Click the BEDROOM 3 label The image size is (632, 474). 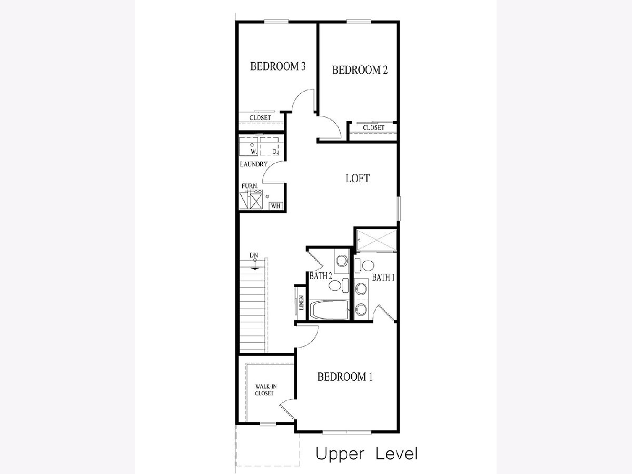pos(278,66)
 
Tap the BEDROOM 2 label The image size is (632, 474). pos(360,70)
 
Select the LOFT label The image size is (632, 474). pos(358,178)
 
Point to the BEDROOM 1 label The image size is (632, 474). pos(345,377)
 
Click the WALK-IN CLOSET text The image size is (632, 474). pos(265,390)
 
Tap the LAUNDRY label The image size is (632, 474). pos(254,164)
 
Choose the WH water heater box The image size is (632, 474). pos(276,206)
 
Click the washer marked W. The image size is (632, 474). pos(249,147)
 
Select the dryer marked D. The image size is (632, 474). pos(270,147)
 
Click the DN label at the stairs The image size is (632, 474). pos(254,255)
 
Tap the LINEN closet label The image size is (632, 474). pos(301,302)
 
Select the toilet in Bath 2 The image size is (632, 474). pos(338,285)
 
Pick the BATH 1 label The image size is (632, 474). pos(383,278)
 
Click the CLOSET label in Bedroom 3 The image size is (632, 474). pos(260,117)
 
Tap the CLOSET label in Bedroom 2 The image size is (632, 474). pos(373,127)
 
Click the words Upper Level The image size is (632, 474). pos(367,454)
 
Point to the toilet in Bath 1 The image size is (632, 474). pos(364,265)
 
